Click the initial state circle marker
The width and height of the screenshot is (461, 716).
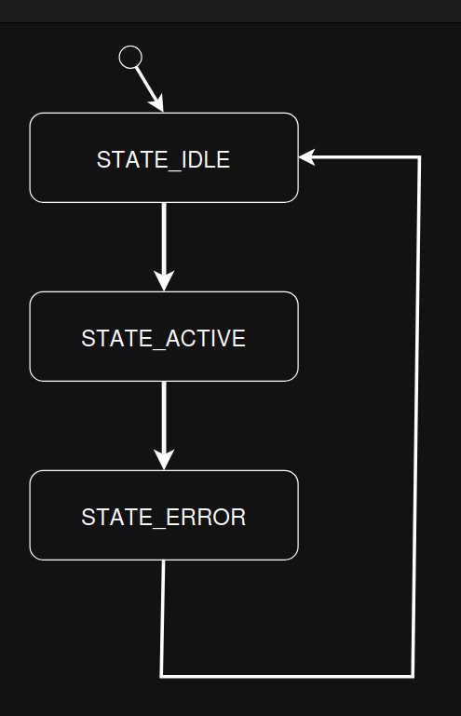130,57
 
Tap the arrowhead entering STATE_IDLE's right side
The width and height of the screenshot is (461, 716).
306,157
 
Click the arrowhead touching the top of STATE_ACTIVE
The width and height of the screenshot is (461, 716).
164,282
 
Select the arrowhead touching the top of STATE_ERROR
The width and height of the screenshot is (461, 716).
164,461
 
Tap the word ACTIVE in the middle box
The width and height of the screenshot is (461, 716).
206,338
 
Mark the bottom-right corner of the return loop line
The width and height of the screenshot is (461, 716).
413,675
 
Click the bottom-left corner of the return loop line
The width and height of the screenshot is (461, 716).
162,675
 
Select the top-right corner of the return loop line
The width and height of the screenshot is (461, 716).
419,158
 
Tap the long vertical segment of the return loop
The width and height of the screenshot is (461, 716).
416,419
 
